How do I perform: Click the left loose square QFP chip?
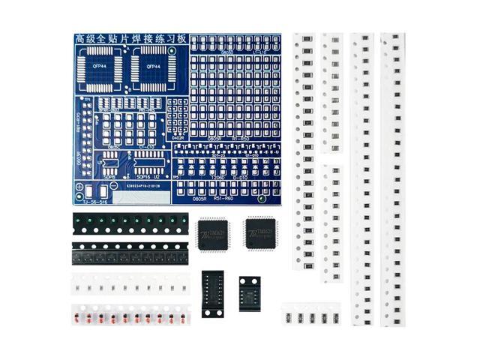point(213,235)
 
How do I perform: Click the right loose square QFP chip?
point(261,233)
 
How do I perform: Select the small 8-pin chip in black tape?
point(250,289)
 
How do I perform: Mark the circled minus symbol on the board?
point(114,185)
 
